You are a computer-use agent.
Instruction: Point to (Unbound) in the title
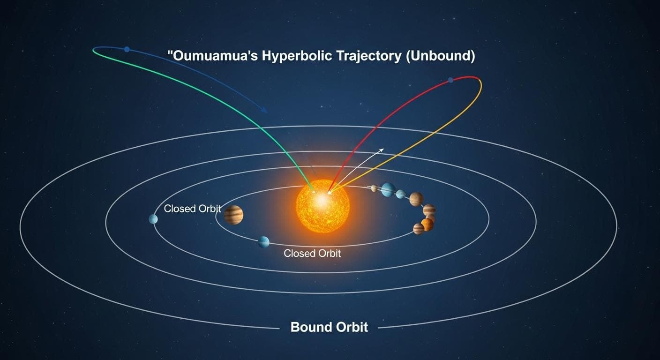[441, 56]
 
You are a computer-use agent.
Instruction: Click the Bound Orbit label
[329, 327]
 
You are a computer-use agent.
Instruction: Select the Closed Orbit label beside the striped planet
[192, 209]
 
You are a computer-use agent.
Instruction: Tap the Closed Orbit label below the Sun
[312, 254]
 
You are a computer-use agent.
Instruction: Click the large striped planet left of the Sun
[233, 215]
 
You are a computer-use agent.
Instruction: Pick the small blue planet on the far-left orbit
[153, 219]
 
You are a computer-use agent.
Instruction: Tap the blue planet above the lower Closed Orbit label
[263, 242]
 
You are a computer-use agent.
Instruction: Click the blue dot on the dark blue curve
[127, 49]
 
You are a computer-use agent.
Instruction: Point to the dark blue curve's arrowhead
[265, 111]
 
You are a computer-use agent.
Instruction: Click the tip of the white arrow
[383, 149]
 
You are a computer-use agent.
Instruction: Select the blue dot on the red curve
[450, 80]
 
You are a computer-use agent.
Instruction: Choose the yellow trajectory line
[422, 141]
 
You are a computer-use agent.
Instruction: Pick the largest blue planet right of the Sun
[388, 189]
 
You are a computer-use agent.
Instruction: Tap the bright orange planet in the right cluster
[427, 225]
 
